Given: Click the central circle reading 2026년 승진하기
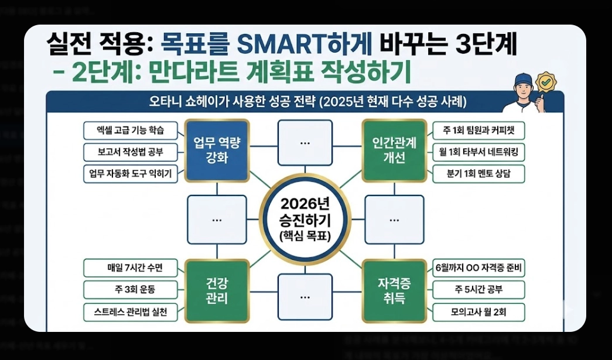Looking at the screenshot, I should [305, 220].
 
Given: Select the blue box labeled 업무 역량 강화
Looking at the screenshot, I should [217, 150].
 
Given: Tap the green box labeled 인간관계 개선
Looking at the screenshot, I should [394, 150].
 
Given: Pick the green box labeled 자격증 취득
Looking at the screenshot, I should [394, 291].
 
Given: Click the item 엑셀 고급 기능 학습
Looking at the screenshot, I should [131, 130].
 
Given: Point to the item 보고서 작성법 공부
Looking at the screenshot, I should [131, 152].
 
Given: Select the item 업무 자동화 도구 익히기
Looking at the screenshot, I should [131, 174].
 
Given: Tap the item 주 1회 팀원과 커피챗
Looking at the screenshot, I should [478, 130].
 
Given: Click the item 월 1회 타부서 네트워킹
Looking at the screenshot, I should [478, 152].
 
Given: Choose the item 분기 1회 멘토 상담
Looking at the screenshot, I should [478, 174].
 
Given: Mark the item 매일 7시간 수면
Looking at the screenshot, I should [131, 268].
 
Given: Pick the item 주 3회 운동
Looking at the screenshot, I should [131, 290].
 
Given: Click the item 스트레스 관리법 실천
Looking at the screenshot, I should [131, 312].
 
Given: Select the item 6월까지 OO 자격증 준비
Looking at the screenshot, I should [478, 268].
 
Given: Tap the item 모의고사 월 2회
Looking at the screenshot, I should [478, 312].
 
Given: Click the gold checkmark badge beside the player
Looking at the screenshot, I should [546, 83].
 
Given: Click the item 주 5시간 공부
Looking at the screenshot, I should [478, 290].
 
